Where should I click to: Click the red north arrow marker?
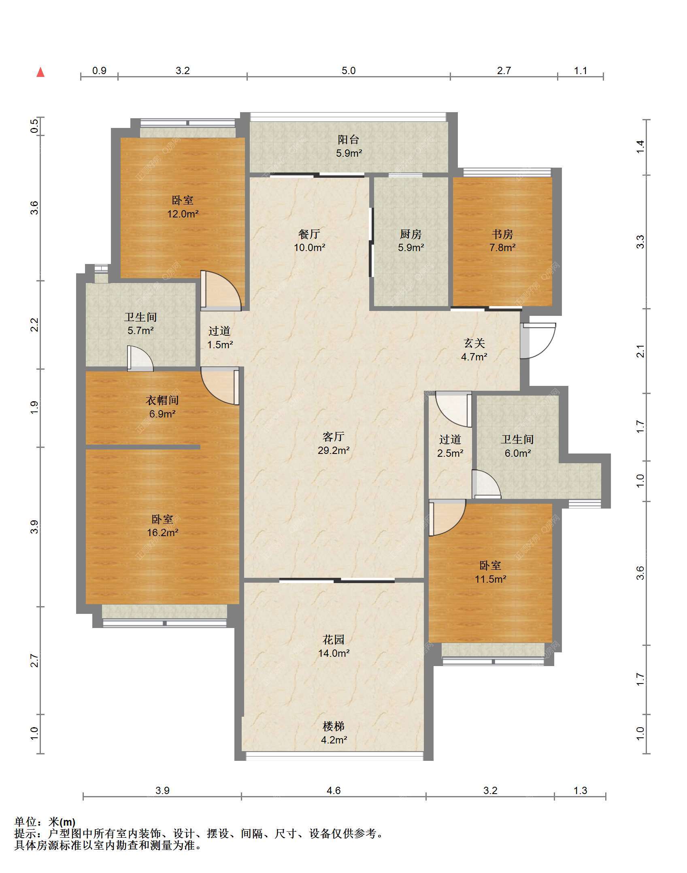(x=40, y=72)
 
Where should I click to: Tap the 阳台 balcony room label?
(x=349, y=140)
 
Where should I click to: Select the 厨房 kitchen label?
(x=411, y=234)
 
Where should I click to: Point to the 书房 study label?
(x=502, y=234)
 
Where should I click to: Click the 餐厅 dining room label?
(x=309, y=234)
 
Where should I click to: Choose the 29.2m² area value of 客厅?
(x=334, y=450)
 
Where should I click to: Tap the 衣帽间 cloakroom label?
(x=162, y=400)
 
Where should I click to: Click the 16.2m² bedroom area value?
(x=162, y=532)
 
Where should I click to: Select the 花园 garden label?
(x=334, y=640)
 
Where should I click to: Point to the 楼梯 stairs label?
(x=334, y=726)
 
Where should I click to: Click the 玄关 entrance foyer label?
(x=474, y=343)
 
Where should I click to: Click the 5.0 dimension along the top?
(x=349, y=71)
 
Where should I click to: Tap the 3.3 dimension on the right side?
(x=640, y=242)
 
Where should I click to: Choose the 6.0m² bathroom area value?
(x=518, y=453)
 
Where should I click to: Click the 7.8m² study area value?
(x=502, y=247)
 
